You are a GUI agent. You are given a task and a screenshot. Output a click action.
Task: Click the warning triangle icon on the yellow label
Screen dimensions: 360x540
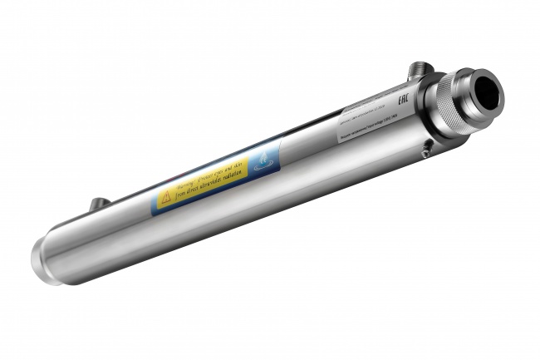[x=164, y=197]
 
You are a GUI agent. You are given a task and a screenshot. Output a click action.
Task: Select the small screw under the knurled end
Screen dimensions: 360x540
[x=425, y=151]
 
